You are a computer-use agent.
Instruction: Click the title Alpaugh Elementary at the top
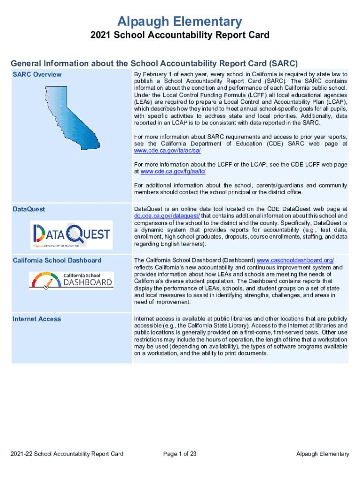coord(180,22)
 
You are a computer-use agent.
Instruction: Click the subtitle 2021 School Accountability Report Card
coord(180,36)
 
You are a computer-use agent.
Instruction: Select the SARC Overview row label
coord(37,74)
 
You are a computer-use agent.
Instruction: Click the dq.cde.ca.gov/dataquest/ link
coord(167,216)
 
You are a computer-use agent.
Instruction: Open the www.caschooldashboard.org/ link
coord(295,260)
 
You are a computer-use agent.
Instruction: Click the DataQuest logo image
coord(72,235)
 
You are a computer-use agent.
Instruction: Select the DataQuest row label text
coord(29,209)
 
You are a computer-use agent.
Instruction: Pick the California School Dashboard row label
coord(57,260)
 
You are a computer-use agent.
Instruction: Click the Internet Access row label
coord(36,319)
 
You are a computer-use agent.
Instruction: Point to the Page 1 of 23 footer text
coord(180,454)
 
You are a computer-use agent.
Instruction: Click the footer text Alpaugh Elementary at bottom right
coord(323,454)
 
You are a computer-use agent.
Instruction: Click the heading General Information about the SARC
coord(154,63)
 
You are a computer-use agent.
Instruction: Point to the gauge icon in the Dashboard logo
coord(46,282)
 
